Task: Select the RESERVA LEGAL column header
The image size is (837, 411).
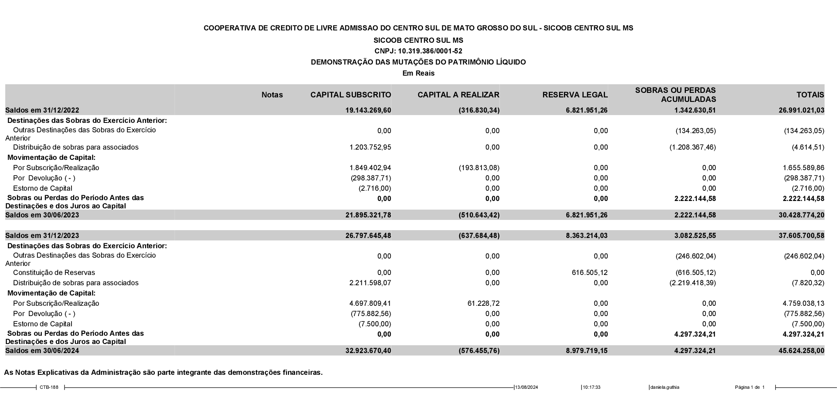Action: pyautogui.click(x=575, y=95)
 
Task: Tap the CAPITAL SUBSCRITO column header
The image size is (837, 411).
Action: pyautogui.click(x=350, y=95)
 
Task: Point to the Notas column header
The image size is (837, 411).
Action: pyautogui.click(x=272, y=95)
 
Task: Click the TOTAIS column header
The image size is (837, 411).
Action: pyautogui.click(x=810, y=95)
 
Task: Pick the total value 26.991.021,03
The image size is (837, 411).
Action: pyautogui.click(x=801, y=110)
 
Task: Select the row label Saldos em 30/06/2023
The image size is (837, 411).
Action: pyautogui.click(x=42, y=215)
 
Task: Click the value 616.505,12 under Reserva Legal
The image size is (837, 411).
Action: pyautogui.click(x=589, y=272)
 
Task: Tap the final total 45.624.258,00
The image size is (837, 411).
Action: pyautogui.click(x=801, y=351)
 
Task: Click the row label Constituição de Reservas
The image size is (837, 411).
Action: pyautogui.click(x=54, y=272)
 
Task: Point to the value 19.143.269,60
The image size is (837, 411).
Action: pyautogui.click(x=368, y=110)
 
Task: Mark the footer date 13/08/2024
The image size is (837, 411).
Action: pyautogui.click(x=527, y=387)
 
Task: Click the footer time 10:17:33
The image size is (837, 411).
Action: pyautogui.click(x=592, y=387)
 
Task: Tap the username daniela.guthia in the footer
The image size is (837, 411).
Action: pyautogui.click(x=665, y=387)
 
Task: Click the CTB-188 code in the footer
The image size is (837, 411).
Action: pyautogui.click(x=49, y=387)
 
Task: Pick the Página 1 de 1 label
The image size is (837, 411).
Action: pyautogui.click(x=750, y=387)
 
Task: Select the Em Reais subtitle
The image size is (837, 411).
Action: pyautogui.click(x=418, y=73)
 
